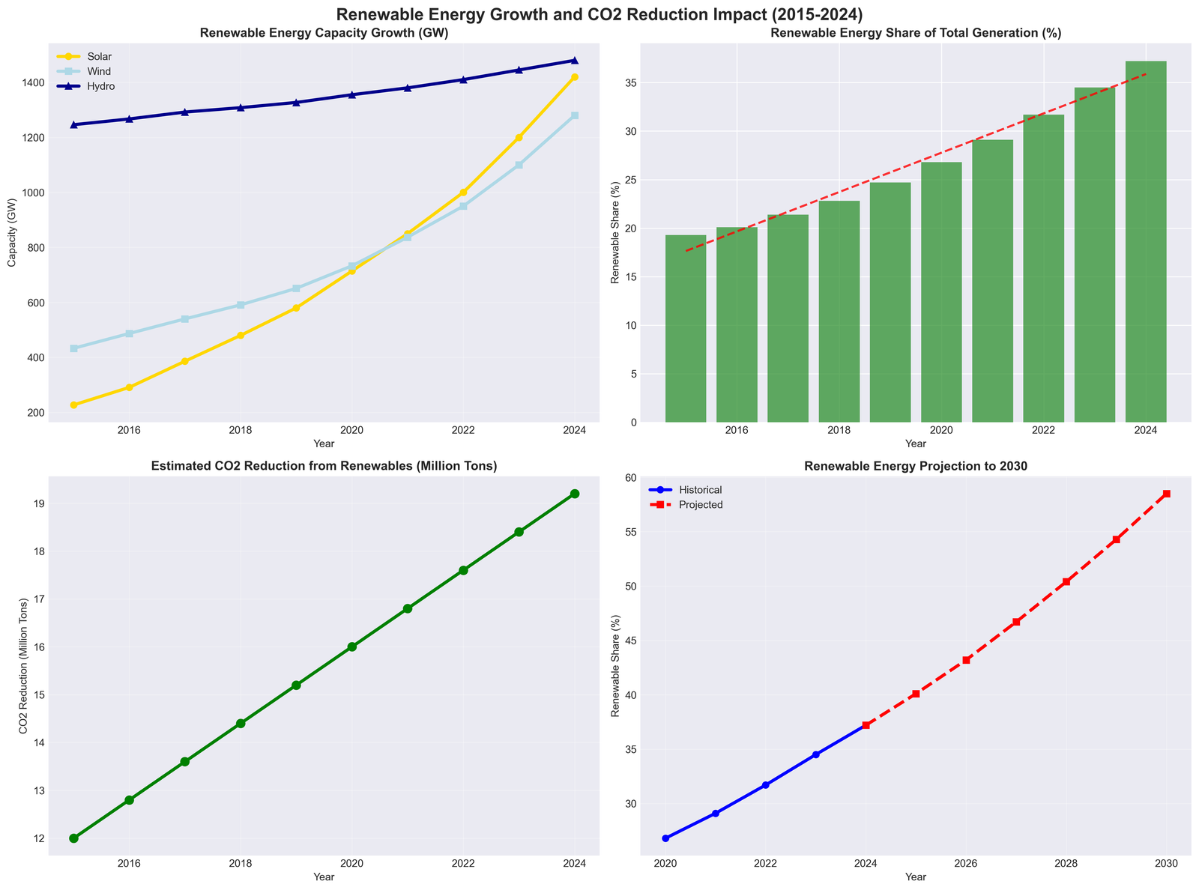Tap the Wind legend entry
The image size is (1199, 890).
[x=88, y=71]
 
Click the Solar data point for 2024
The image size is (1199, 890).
[x=575, y=77]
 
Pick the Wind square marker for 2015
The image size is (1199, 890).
[x=73, y=348]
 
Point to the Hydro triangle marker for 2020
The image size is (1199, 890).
[x=352, y=94]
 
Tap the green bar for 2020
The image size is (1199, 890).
[x=941, y=292]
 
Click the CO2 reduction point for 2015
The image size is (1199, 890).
[x=73, y=838]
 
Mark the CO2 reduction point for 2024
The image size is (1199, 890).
[x=575, y=494]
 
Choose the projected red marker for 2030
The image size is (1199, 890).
[x=1167, y=494]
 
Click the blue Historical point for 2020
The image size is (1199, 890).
[x=665, y=838]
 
